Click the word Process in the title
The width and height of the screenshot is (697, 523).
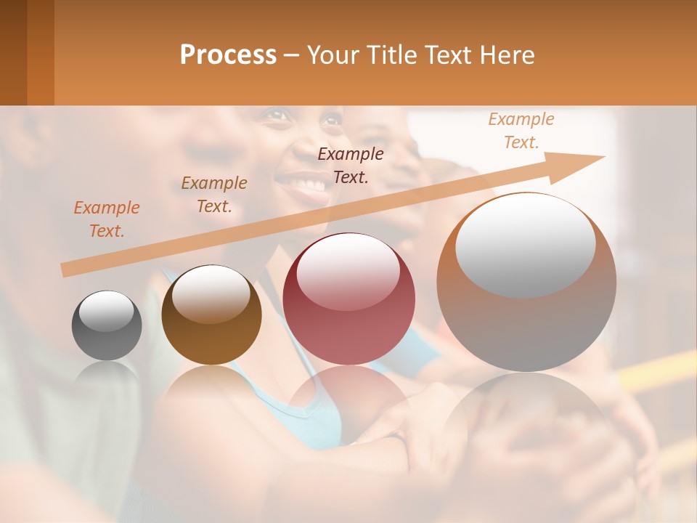pyautogui.click(x=228, y=55)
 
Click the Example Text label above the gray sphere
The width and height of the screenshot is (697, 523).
pyautogui.click(x=107, y=219)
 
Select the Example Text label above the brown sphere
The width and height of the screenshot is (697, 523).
pyautogui.click(x=214, y=195)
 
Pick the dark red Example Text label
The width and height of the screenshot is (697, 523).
pyautogui.click(x=351, y=165)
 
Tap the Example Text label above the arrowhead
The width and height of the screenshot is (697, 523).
pyautogui.click(x=521, y=131)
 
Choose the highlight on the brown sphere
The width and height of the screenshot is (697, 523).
pyautogui.click(x=211, y=294)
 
